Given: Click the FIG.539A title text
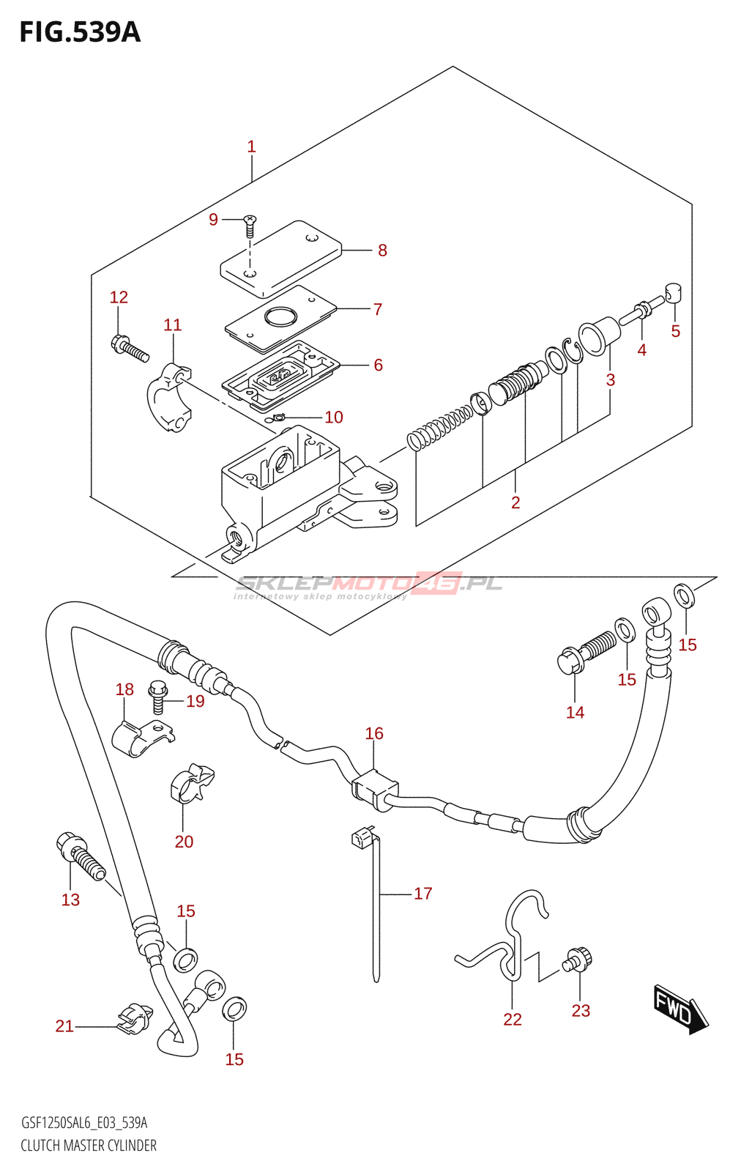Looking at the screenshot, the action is pyautogui.click(x=80, y=32).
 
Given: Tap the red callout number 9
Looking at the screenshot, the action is pyautogui.click(x=213, y=220).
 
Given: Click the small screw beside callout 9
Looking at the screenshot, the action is pyautogui.click(x=250, y=226).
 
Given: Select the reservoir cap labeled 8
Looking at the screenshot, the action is pyautogui.click(x=280, y=259).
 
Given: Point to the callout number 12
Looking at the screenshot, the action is pyautogui.click(x=119, y=297).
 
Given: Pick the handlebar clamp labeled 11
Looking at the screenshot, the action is pyautogui.click(x=169, y=397).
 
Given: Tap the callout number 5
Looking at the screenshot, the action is pyautogui.click(x=676, y=331).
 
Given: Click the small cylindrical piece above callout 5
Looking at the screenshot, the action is pyautogui.click(x=674, y=293).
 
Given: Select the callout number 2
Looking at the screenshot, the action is pyautogui.click(x=515, y=502).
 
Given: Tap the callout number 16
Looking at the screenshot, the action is pyautogui.click(x=374, y=733).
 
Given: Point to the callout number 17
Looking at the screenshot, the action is pyautogui.click(x=423, y=893).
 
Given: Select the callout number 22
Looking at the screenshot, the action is pyautogui.click(x=513, y=1019).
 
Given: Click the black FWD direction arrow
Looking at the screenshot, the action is pyautogui.click(x=681, y=1010).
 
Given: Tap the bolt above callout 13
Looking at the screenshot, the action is pyautogui.click(x=81, y=856).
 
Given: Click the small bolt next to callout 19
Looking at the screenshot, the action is pyautogui.click(x=157, y=697).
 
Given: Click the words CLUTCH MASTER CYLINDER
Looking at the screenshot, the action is pyautogui.click(x=89, y=1146).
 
